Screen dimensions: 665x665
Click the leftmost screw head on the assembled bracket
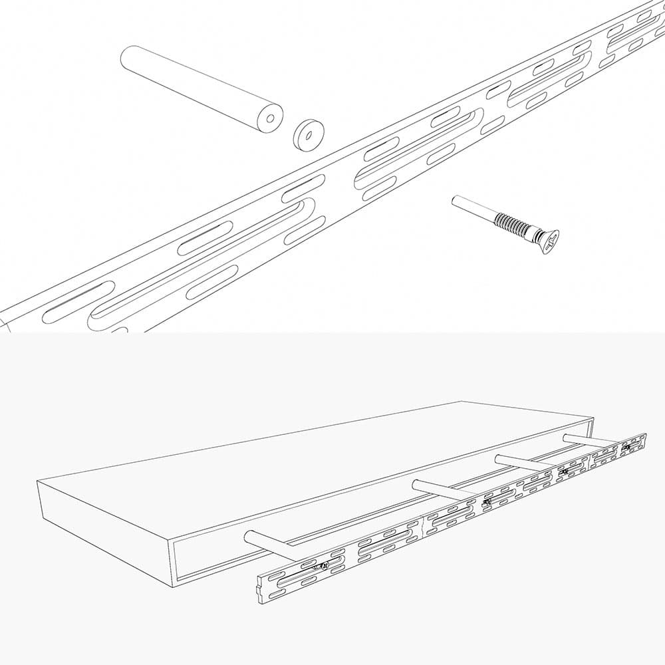coord(323,566)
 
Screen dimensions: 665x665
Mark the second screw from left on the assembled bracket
coord(487,502)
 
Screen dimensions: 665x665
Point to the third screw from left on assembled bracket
coord(564,472)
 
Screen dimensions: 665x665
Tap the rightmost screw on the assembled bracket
coord(626,448)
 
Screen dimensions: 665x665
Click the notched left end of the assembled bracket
coord(261,589)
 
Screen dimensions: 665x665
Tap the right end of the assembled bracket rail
coord(644,442)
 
